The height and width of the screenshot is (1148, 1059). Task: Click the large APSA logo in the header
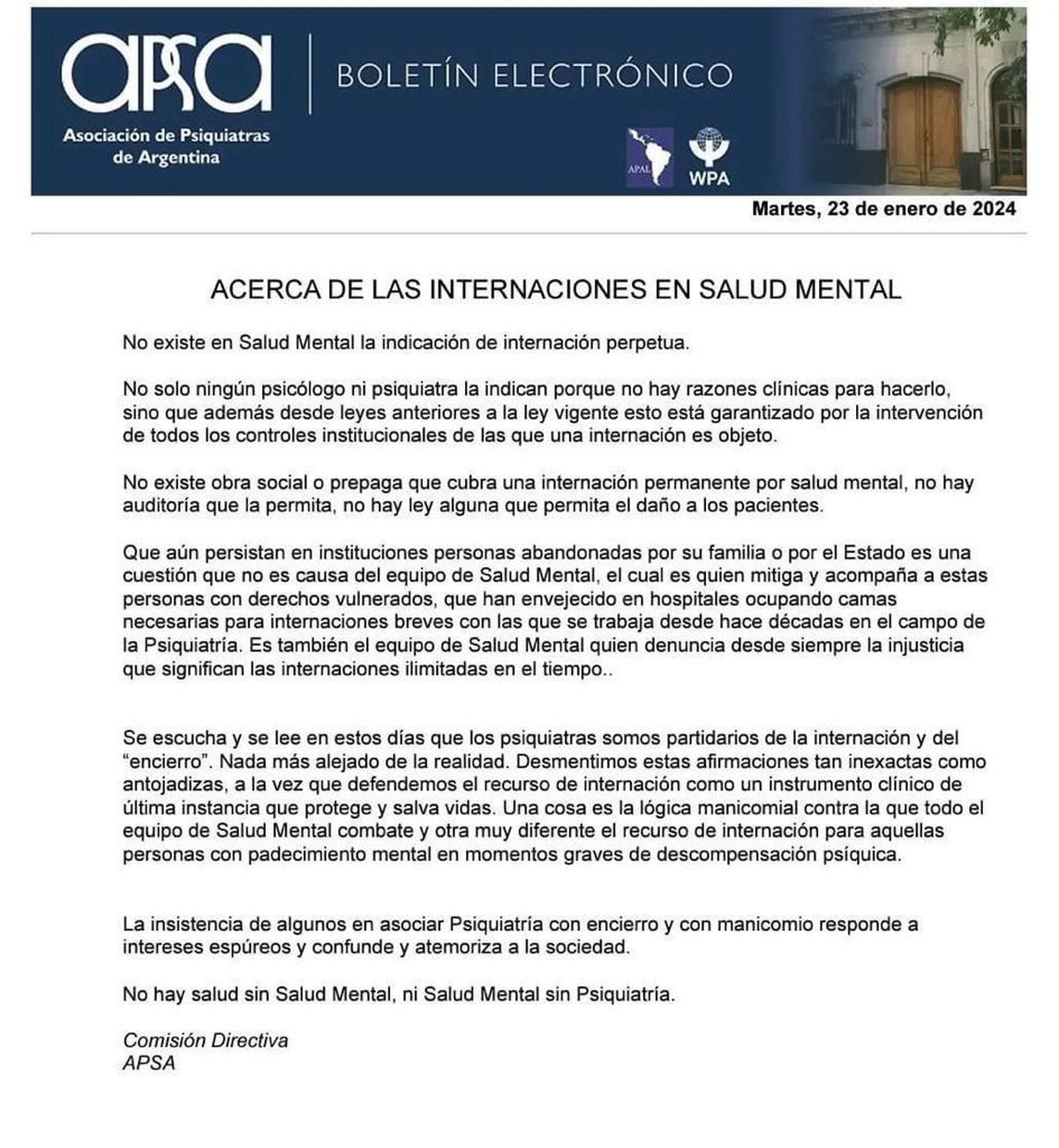coord(166,72)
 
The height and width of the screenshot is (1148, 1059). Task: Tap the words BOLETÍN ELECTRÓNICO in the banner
coord(534,75)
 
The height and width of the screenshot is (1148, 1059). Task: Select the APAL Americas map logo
coord(648,157)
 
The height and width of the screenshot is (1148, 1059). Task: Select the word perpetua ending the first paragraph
coord(645,343)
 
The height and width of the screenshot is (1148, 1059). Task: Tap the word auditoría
coord(161,506)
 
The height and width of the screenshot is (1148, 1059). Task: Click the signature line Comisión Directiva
coord(206,1040)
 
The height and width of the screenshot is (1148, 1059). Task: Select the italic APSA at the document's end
coord(149,1063)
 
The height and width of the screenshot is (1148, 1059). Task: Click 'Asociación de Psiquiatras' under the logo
coord(166,137)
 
